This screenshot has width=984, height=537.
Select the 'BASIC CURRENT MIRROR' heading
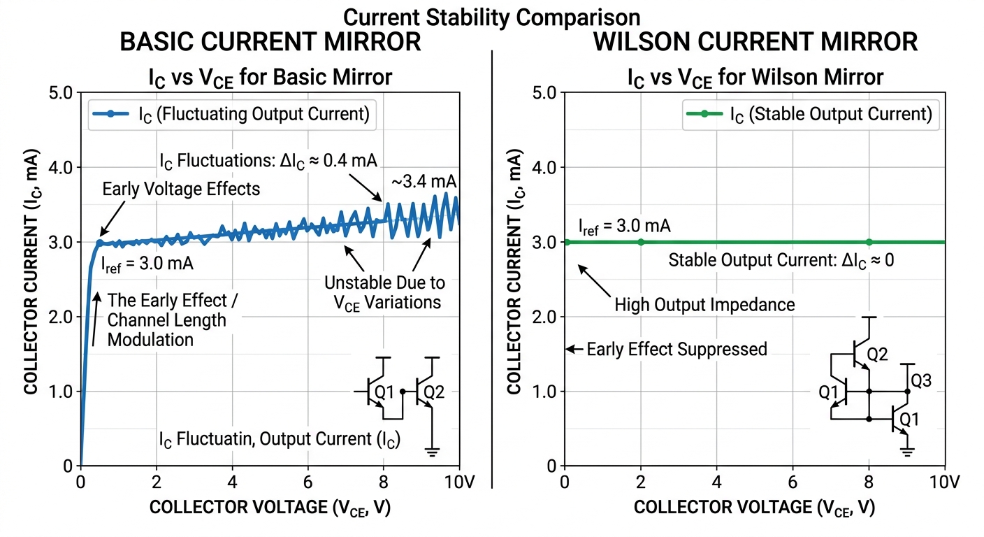point(270,42)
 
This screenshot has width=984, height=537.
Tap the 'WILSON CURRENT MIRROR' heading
point(755,42)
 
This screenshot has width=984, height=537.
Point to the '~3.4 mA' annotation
point(424,182)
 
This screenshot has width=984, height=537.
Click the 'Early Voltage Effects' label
point(181,189)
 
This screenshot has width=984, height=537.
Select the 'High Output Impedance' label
point(704,305)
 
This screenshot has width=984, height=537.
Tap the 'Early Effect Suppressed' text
point(676,349)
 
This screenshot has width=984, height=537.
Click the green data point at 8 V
point(869,242)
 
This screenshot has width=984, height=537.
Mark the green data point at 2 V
point(641,242)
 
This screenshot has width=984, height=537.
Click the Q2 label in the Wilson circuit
point(877,355)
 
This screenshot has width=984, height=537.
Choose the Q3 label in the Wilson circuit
point(920,382)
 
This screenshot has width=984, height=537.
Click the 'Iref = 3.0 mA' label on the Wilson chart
point(624,226)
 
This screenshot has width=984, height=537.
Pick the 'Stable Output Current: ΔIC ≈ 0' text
point(781,261)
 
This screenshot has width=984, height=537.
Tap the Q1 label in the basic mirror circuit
point(384,393)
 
